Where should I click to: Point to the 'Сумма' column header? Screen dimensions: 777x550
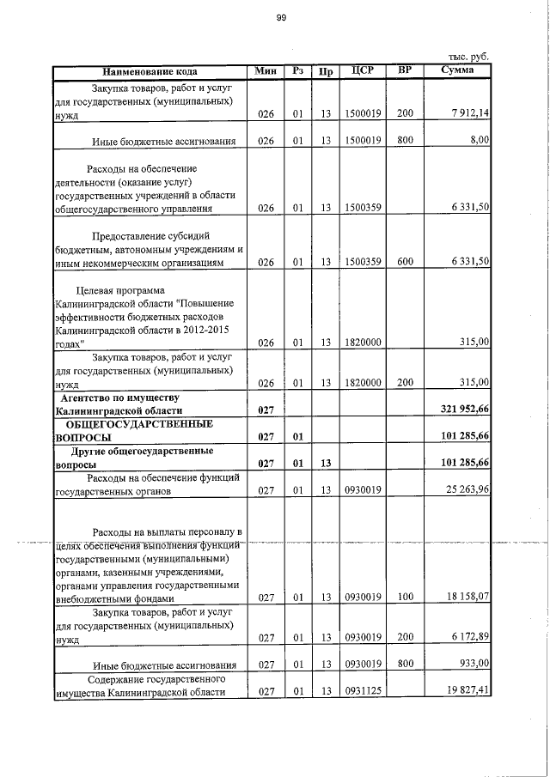click(x=456, y=70)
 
